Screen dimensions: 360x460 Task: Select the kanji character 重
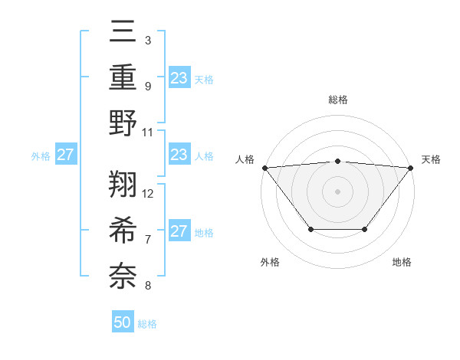click(x=123, y=77)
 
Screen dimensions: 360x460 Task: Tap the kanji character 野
click(x=123, y=122)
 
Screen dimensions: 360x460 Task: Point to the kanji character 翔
click(x=123, y=184)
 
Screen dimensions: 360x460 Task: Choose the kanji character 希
click(x=123, y=229)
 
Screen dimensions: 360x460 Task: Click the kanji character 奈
click(x=123, y=274)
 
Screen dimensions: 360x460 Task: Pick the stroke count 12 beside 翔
click(x=149, y=193)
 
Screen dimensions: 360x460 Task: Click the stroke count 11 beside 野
click(x=149, y=131)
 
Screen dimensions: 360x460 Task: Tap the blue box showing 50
click(x=123, y=322)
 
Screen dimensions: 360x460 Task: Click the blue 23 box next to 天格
click(x=179, y=77)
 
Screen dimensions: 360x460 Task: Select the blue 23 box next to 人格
click(x=179, y=155)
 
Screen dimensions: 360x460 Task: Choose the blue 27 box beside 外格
click(x=65, y=155)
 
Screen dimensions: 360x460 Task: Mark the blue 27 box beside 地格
click(x=179, y=231)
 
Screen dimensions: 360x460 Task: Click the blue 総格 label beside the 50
click(x=147, y=324)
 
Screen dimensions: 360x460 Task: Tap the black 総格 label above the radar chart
click(x=337, y=100)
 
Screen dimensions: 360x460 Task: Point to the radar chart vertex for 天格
click(x=410, y=167)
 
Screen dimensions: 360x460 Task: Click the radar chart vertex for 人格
click(x=264, y=167)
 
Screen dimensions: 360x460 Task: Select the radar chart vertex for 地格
click(x=365, y=229)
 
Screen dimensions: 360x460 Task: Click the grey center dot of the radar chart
click(x=337, y=191)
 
